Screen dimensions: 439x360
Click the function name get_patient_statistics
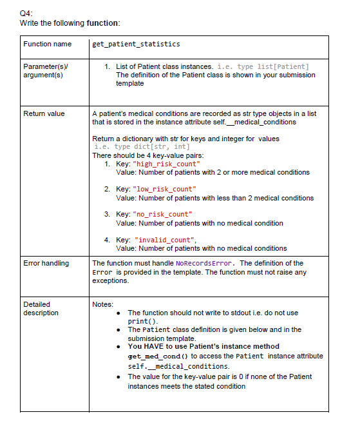coord(136,44)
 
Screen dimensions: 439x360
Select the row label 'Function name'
coord(47,44)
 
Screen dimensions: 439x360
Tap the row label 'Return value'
coord(44,113)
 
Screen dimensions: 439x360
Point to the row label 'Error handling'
coord(46,263)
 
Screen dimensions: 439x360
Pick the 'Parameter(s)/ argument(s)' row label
coord(43,71)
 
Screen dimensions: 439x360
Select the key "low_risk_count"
coord(163,190)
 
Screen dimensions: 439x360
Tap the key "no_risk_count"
coord(162,215)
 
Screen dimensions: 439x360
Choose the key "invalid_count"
coord(164,240)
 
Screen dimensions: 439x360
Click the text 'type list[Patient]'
coord(273,66)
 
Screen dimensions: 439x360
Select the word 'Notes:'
coord(103,304)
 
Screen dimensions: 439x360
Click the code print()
coord(142,321)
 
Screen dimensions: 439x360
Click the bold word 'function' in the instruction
coord(102,23)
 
